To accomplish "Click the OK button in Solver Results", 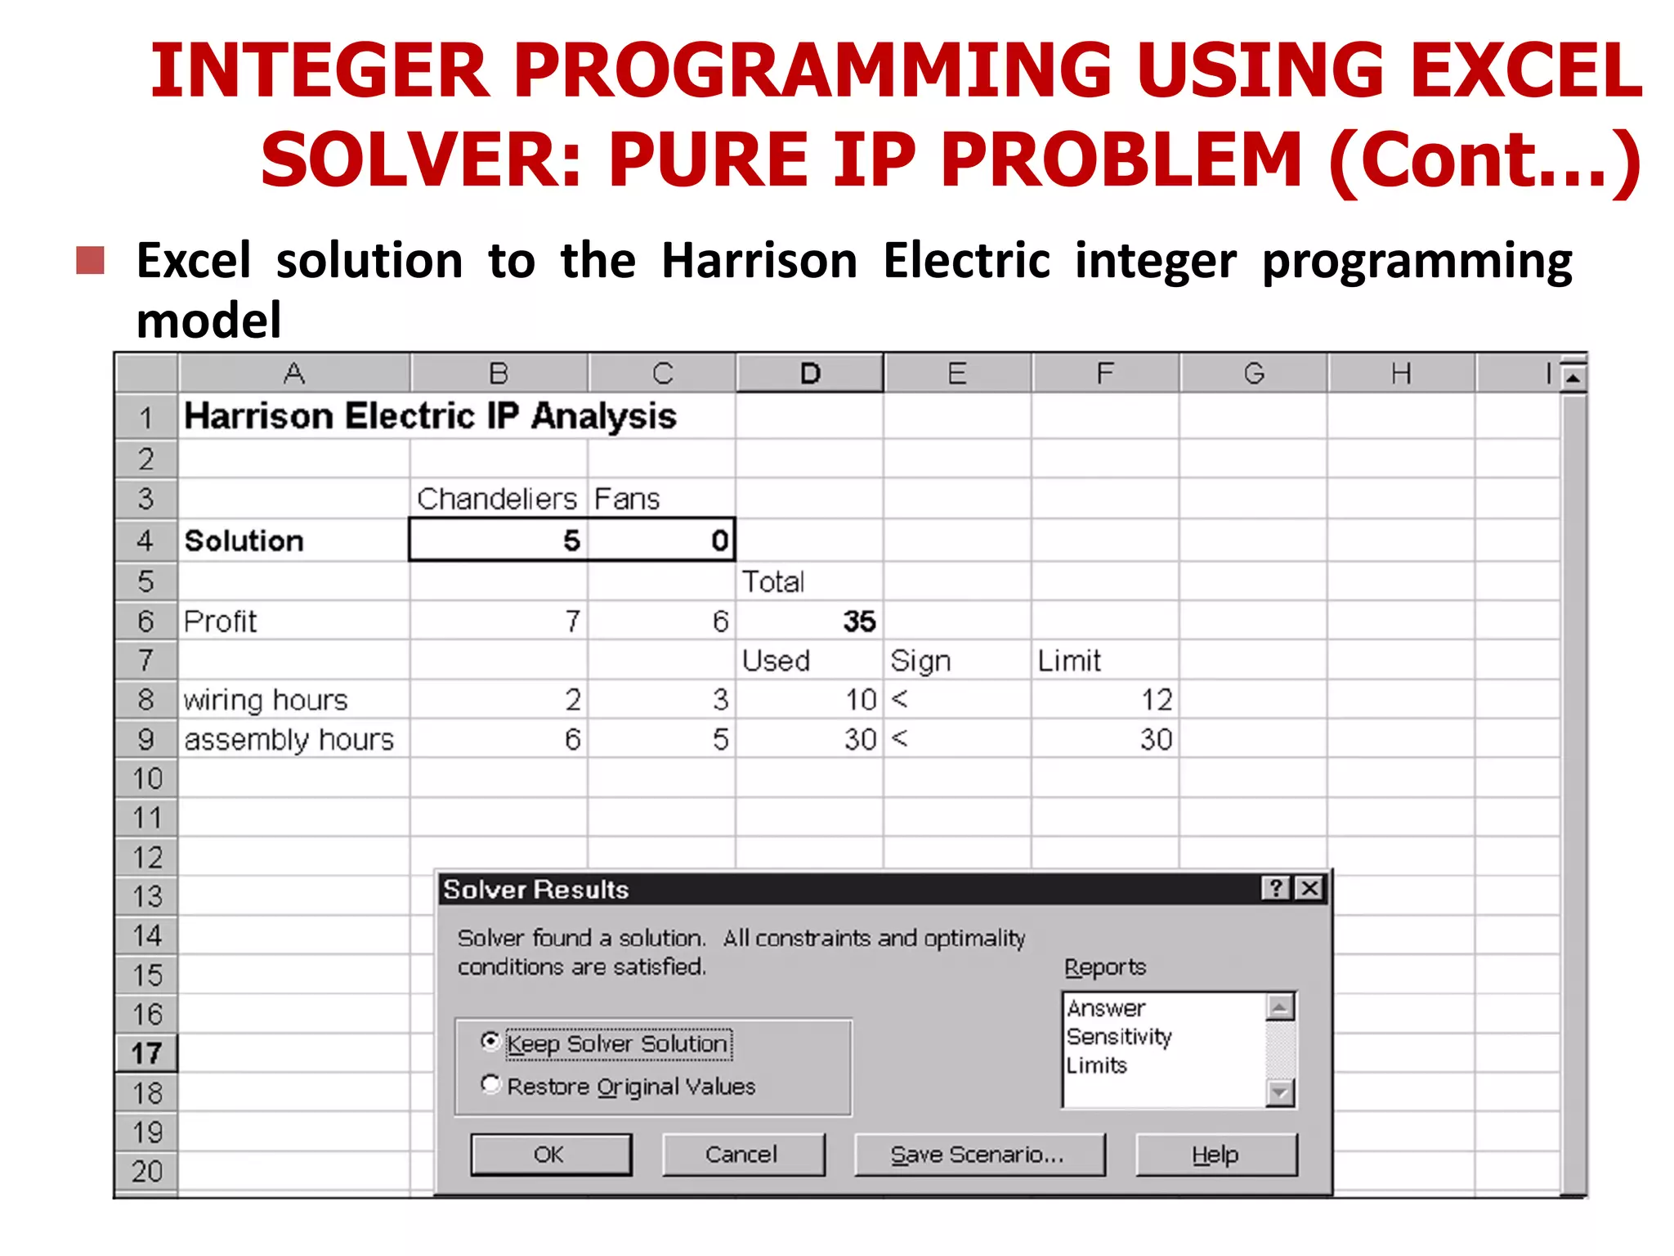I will click(551, 1154).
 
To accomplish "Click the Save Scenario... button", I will click(978, 1154).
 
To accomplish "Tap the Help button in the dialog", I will click(1215, 1154).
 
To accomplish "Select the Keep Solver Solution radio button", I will click(490, 1041).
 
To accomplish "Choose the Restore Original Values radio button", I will click(490, 1084).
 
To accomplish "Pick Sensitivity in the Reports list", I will click(1119, 1037).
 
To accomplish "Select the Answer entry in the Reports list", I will click(1107, 1008).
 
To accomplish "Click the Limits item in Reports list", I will click(1097, 1065).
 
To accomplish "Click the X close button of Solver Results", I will click(1309, 888).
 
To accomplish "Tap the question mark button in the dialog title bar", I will click(1276, 888).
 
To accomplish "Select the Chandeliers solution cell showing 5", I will click(499, 541).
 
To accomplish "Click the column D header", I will click(809, 374).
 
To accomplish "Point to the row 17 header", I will click(146, 1053).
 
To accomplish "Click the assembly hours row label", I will click(289, 739).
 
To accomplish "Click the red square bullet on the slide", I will click(91, 261).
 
